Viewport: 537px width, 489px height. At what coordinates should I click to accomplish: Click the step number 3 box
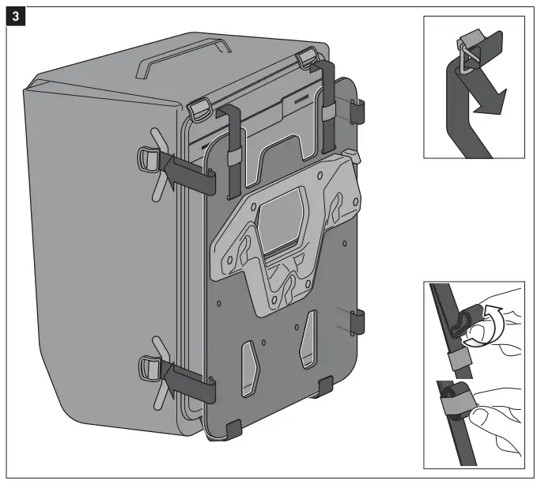click(x=13, y=15)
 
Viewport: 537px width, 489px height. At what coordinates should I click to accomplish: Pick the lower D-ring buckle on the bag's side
click(x=150, y=366)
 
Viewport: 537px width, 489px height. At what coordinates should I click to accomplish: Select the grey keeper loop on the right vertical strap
click(x=327, y=113)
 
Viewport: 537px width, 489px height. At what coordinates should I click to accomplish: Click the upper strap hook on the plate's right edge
click(x=357, y=111)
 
